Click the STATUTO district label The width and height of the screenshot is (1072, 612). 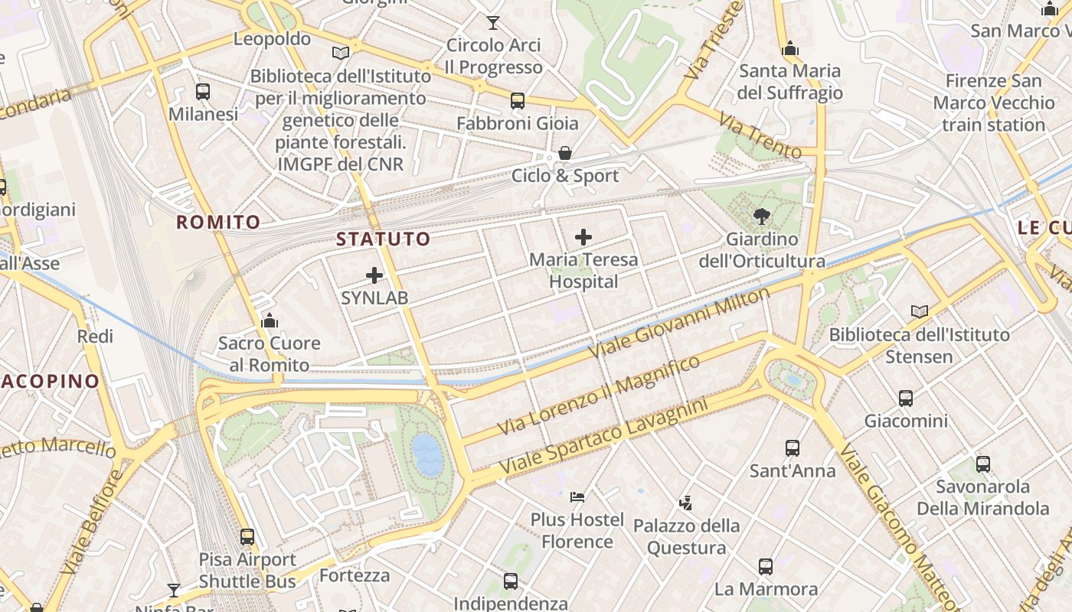click(384, 239)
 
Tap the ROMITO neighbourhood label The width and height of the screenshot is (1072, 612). click(218, 223)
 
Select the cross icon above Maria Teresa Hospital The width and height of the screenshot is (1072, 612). click(583, 237)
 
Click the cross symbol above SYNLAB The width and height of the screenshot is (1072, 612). click(374, 275)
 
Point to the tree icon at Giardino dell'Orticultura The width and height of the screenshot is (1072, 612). click(761, 216)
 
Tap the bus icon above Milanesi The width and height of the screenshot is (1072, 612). click(203, 92)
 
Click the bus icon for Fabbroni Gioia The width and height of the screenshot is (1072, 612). click(518, 101)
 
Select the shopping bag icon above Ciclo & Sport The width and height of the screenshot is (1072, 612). click(565, 153)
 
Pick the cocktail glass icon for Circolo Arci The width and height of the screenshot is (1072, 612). click(493, 23)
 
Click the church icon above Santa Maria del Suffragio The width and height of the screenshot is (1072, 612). click(790, 49)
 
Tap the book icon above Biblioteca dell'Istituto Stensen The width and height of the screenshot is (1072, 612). click(920, 311)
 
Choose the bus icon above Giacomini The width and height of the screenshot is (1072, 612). click(906, 398)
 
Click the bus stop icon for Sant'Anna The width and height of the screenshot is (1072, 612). click(793, 448)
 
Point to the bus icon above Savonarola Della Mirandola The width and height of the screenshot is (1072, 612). click(983, 464)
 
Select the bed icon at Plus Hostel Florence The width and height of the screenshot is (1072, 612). click(577, 497)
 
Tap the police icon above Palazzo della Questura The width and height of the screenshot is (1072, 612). click(686, 503)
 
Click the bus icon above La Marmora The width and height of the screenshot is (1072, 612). click(766, 566)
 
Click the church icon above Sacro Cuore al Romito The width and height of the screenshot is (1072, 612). click(269, 321)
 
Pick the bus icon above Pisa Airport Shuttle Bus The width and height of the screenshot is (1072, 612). click(247, 536)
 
